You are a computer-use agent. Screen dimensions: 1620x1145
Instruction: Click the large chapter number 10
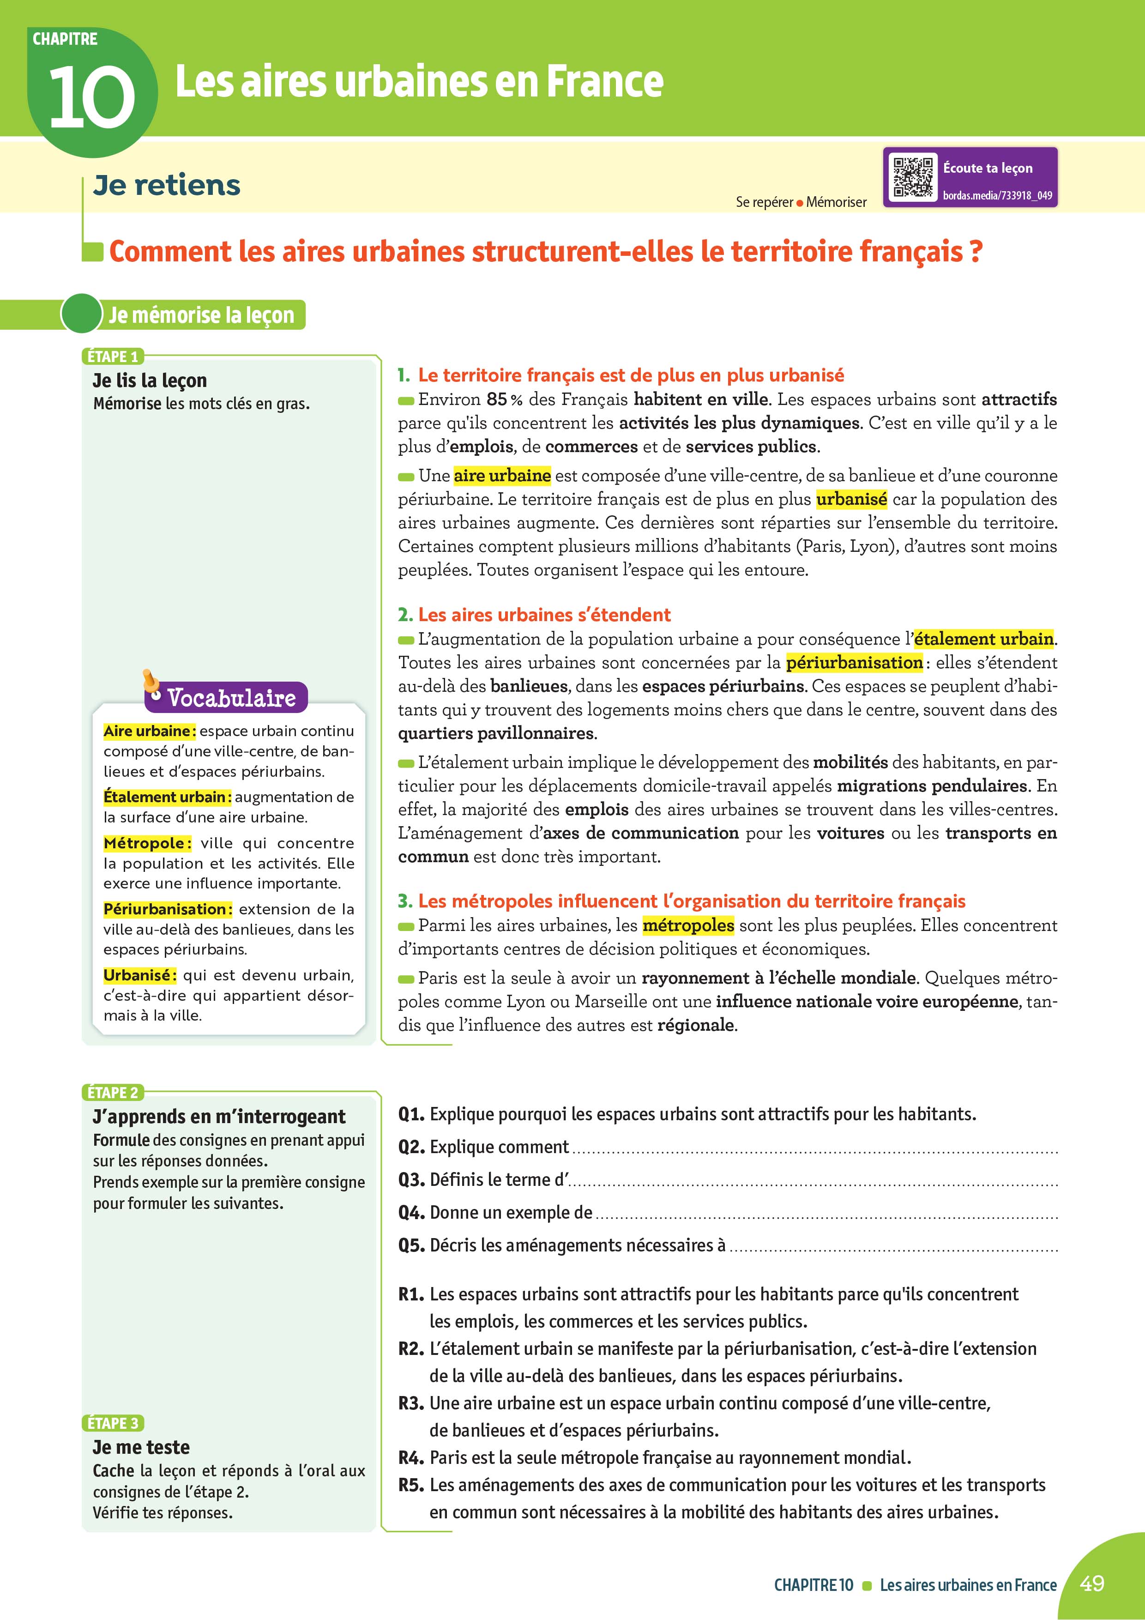click(92, 97)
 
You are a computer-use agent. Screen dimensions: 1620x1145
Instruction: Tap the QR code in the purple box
click(913, 176)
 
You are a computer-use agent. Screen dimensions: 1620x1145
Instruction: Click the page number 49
click(1091, 1584)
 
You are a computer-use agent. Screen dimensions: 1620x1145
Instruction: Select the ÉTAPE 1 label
click(112, 357)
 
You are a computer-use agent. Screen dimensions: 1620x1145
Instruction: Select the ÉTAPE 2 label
click(113, 1092)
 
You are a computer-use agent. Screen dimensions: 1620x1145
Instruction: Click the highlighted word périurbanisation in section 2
click(854, 663)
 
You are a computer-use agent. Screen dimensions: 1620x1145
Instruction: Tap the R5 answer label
click(411, 1485)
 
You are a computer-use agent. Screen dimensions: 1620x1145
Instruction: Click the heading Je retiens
click(167, 185)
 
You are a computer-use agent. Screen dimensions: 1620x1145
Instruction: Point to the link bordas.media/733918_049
click(997, 195)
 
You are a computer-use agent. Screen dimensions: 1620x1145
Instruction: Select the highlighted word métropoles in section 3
click(688, 925)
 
